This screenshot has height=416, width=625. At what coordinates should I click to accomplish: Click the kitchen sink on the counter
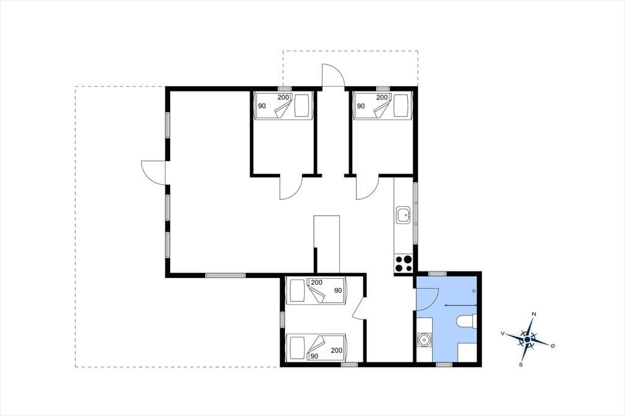pyautogui.click(x=403, y=215)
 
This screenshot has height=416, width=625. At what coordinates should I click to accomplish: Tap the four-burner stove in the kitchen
pyautogui.click(x=403, y=264)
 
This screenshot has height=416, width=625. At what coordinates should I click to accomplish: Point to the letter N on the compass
pyautogui.click(x=533, y=314)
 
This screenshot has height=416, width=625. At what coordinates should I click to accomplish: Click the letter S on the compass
pyautogui.click(x=521, y=364)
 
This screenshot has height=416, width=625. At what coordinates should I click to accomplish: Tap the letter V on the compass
pyautogui.click(x=503, y=333)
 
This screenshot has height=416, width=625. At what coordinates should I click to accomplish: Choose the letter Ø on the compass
pyautogui.click(x=552, y=345)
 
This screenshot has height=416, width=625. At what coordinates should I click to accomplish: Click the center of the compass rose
pyautogui.click(x=527, y=339)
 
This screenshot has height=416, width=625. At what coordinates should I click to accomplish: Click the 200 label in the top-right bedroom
pyautogui.click(x=382, y=97)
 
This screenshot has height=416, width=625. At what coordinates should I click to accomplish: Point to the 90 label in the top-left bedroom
pyautogui.click(x=262, y=106)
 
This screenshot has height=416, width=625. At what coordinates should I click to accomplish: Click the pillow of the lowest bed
pyautogui.click(x=297, y=346)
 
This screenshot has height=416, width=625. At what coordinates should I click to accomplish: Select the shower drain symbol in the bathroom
pyautogui.click(x=474, y=291)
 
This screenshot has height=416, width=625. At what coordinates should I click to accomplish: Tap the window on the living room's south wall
pyautogui.click(x=226, y=275)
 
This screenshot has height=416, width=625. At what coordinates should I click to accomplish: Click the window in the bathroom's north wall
pyautogui.click(x=438, y=274)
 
